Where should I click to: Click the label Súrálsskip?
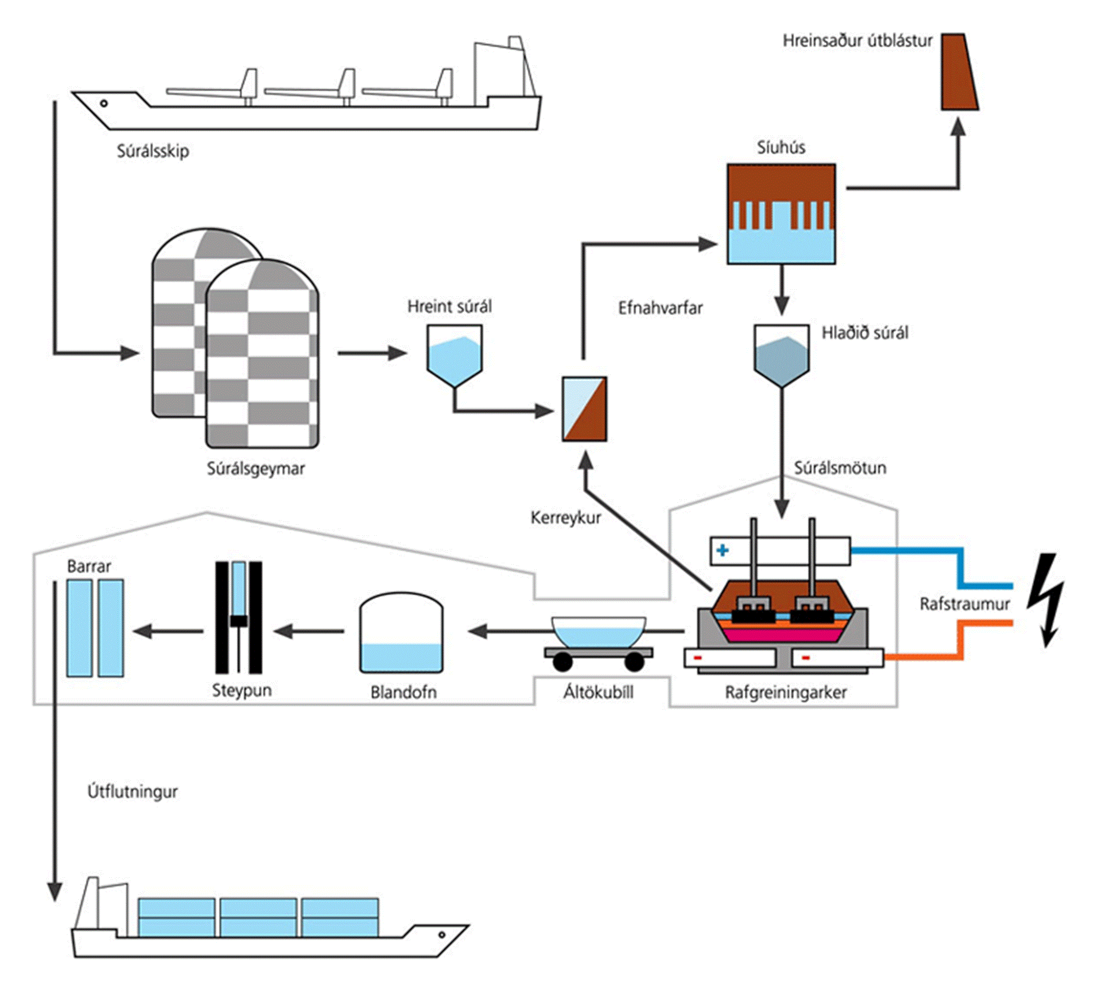point(153,151)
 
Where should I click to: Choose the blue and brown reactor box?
point(584,408)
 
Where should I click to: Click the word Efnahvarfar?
point(660,308)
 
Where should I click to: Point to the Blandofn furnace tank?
point(401,633)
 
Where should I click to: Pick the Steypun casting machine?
point(238,617)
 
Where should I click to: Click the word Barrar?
point(89,566)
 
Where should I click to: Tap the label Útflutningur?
point(133,791)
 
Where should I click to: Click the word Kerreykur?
point(566,517)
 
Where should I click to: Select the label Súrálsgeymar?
point(256,468)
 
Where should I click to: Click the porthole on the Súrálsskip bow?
point(104,103)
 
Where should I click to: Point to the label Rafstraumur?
point(964,604)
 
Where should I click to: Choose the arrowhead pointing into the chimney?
point(958,127)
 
